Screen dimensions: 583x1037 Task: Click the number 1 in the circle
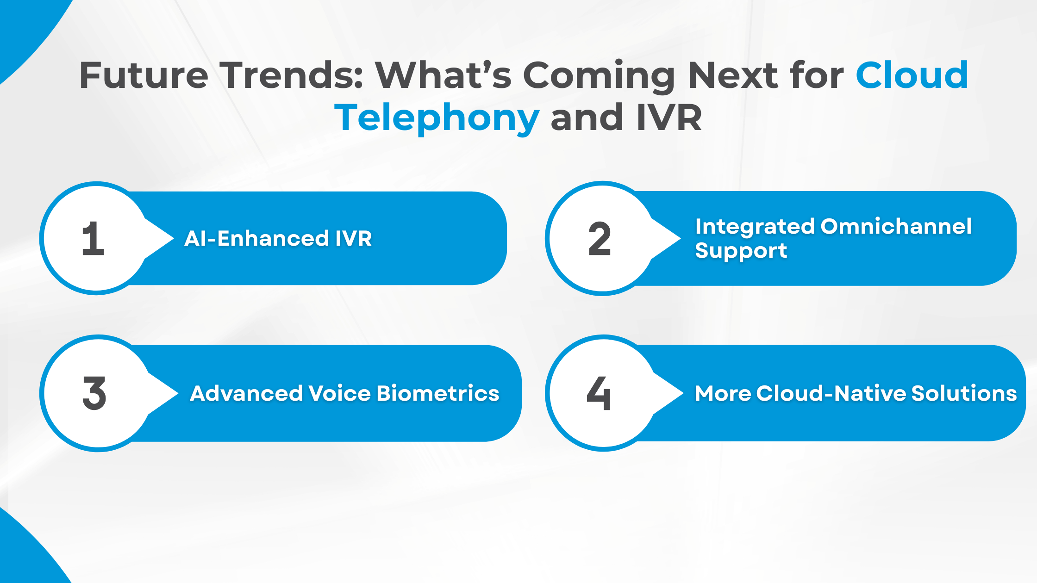tap(93, 239)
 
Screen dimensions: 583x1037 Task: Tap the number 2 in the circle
tap(600, 239)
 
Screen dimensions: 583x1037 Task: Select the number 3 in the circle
tap(94, 393)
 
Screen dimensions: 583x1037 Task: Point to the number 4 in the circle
tap(599, 393)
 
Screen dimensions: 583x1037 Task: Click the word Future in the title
tap(144, 75)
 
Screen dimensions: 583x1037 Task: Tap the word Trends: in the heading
tap(291, 75)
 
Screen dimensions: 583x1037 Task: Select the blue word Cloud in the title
tap(912, 75)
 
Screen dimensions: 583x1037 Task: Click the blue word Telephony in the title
tap(437, 118)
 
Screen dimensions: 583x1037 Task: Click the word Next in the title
tap(732, 75)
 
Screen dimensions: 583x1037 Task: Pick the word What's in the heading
tap(444, 75)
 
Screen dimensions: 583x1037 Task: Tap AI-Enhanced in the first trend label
tap(256, 239)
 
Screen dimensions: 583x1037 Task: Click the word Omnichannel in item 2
tap(896, 227)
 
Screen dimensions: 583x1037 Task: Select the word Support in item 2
tap(741, 251)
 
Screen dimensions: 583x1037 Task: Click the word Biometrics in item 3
tap(438, 393)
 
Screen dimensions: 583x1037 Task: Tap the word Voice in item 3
tap(340, 393)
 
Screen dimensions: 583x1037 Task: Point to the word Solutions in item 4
tap(964, 393)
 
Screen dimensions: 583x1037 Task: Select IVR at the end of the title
tap(669, 118)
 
